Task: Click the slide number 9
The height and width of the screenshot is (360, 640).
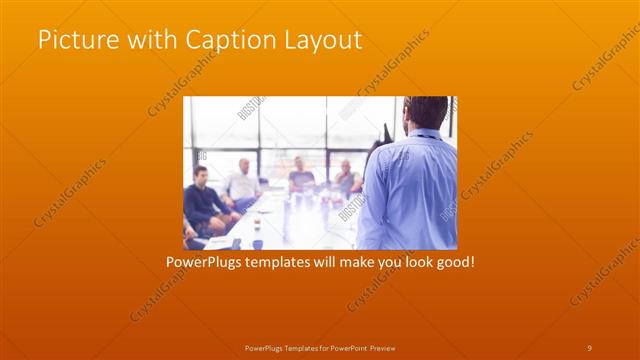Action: (x=589, y=347)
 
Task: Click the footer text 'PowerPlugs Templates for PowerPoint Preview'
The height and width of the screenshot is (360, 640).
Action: (x=319, y=347)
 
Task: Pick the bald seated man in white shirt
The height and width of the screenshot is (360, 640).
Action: (x=242, y=181)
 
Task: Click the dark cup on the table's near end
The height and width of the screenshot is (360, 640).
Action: (x=257, y=243)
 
